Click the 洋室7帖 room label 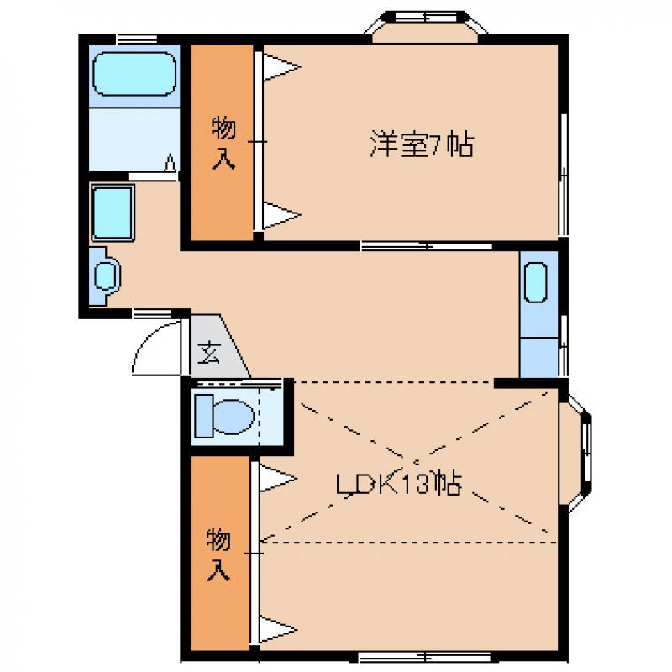point(423,144)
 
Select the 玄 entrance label point(208,352)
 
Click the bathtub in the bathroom point(134,74)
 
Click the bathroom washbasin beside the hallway point(106,276)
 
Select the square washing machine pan point(113,213)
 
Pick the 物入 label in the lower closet point(218,554)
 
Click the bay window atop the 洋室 point(425,27)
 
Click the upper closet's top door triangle point(281,67)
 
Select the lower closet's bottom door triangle point(278,629)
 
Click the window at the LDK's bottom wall point(424,657)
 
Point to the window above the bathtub point(137,39)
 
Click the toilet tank point(204,416)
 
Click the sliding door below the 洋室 point(427,246)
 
